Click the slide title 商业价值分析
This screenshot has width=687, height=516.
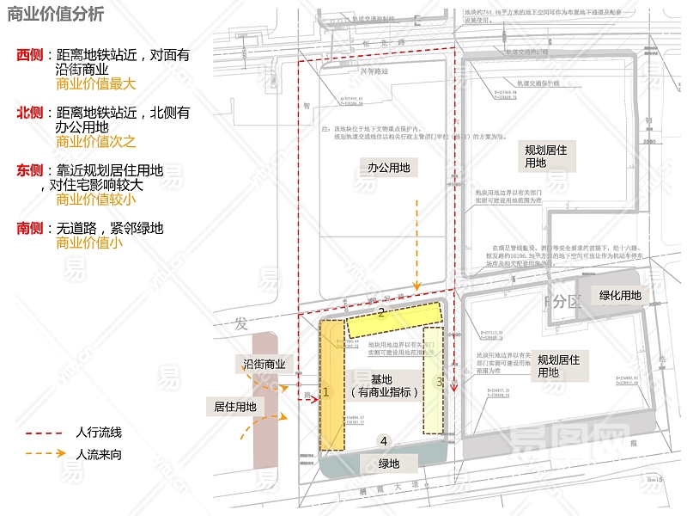point(56,15)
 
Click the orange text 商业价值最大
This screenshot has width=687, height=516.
point(96,84)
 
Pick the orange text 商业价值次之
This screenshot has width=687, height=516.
point(96,142)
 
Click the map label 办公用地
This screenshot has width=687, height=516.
point(388,168)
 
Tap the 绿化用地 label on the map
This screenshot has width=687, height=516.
point(620,295)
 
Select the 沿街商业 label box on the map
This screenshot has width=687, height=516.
point(264,365)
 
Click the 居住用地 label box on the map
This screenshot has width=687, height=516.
point(234,406)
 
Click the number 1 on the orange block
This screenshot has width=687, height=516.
point(326,391)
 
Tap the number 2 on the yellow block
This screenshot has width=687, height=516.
point(381,314)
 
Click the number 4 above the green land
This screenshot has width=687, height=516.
point(384,441)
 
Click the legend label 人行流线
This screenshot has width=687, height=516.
point(99,433)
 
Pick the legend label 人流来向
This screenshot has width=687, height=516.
point(99,454)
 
